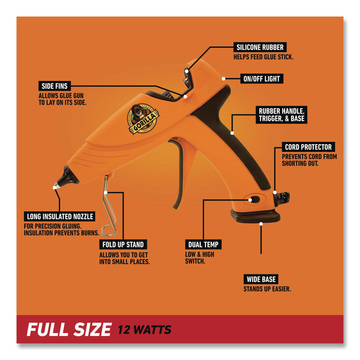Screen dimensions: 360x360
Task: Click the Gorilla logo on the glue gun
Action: click(143, 119)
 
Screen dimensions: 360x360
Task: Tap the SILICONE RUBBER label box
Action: click(260, 47)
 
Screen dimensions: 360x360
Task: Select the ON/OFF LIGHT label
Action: click(262, 79)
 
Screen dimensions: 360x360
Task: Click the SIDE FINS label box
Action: click(54, 86)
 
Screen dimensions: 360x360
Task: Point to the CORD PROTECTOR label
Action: click(308, 147)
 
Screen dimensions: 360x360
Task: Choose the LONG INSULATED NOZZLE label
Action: click(60, 217)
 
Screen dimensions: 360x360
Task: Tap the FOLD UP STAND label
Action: click(123, 245)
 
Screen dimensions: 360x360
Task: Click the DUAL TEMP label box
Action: click(204, 245)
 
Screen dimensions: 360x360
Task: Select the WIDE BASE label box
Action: click(261, 279)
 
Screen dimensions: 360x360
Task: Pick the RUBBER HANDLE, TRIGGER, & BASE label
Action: click(282, 115)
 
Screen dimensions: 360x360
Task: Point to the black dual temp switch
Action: click(255, 199)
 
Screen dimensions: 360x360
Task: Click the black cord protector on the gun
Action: click(282, 199)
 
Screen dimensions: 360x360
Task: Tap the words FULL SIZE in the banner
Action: click(69, 329)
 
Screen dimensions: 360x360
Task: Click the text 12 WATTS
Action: click(144, 330)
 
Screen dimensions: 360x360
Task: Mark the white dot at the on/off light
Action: click(223, 79)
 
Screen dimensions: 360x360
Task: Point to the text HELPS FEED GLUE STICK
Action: click(263, 57)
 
